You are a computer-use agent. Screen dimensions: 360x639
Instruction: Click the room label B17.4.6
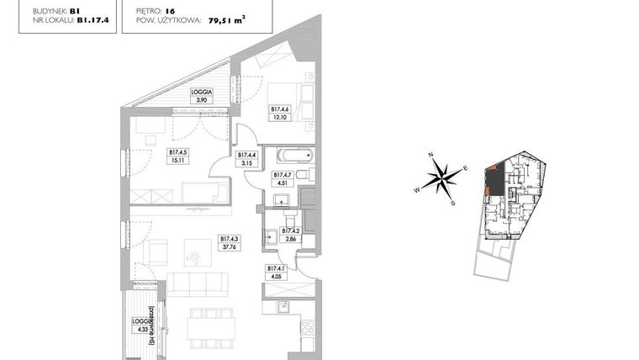(x=280, y=109)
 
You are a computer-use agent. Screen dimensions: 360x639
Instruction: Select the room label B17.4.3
(x=229, y=238)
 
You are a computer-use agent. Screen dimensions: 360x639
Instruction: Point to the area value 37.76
(x=229, y=247)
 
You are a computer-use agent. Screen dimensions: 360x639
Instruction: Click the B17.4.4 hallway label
(x=246, y=155)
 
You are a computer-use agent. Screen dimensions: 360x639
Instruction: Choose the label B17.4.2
(x=290, y=230)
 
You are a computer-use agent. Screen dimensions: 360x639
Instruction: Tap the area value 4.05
(x=274, y=276)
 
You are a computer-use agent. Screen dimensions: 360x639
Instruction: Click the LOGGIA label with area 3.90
(x=201, y=92)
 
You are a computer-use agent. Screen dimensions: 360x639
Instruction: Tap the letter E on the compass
(x=464, y=168)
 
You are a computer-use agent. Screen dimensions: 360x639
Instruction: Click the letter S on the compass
(x=453, y=203)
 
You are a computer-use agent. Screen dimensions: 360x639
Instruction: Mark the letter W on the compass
(x=416, y=190)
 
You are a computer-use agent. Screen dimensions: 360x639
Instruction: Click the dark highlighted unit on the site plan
(x=497, y=178)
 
